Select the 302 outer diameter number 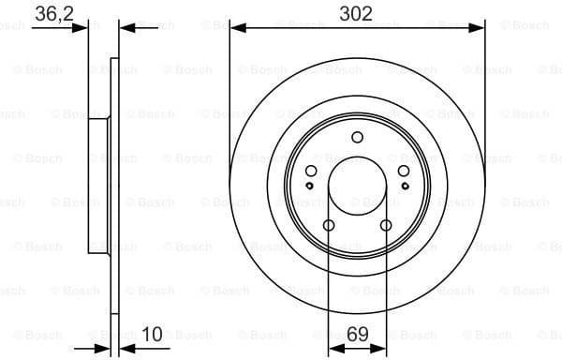pos(357,13)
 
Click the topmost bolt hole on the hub pos(357,138)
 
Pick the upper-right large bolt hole pos(403,171)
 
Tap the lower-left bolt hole pos(329,225)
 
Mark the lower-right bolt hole pos(386,225)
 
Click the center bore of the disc pos(357,186)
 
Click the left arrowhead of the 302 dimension pos(235,29)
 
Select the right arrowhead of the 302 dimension pos(479,29)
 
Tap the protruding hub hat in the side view pos(94,186)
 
